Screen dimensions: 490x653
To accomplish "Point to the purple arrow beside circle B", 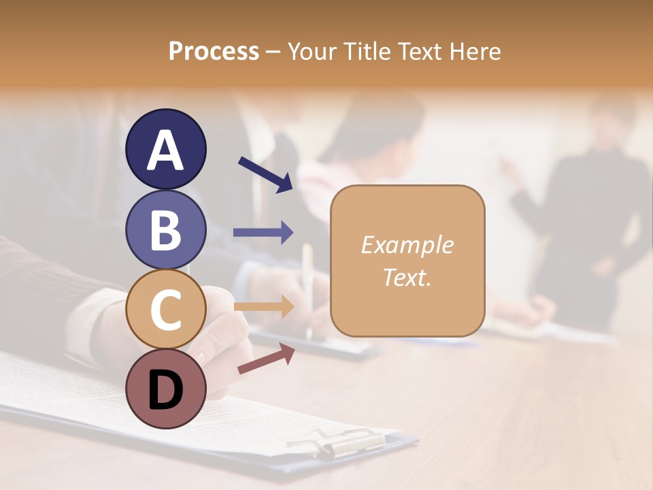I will (x=263, y=232).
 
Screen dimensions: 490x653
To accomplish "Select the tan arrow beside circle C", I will (x=263, y=306).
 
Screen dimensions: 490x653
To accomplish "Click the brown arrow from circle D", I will (x=266, y=359).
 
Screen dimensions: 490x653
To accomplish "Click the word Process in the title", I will (x=214, y=52).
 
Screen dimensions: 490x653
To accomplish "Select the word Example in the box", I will (x=407, y=245).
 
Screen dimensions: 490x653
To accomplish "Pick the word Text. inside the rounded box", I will (x=407, y=277).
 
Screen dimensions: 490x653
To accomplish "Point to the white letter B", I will (x=165, y=230).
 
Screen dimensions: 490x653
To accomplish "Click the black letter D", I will (x=165, y=390).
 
